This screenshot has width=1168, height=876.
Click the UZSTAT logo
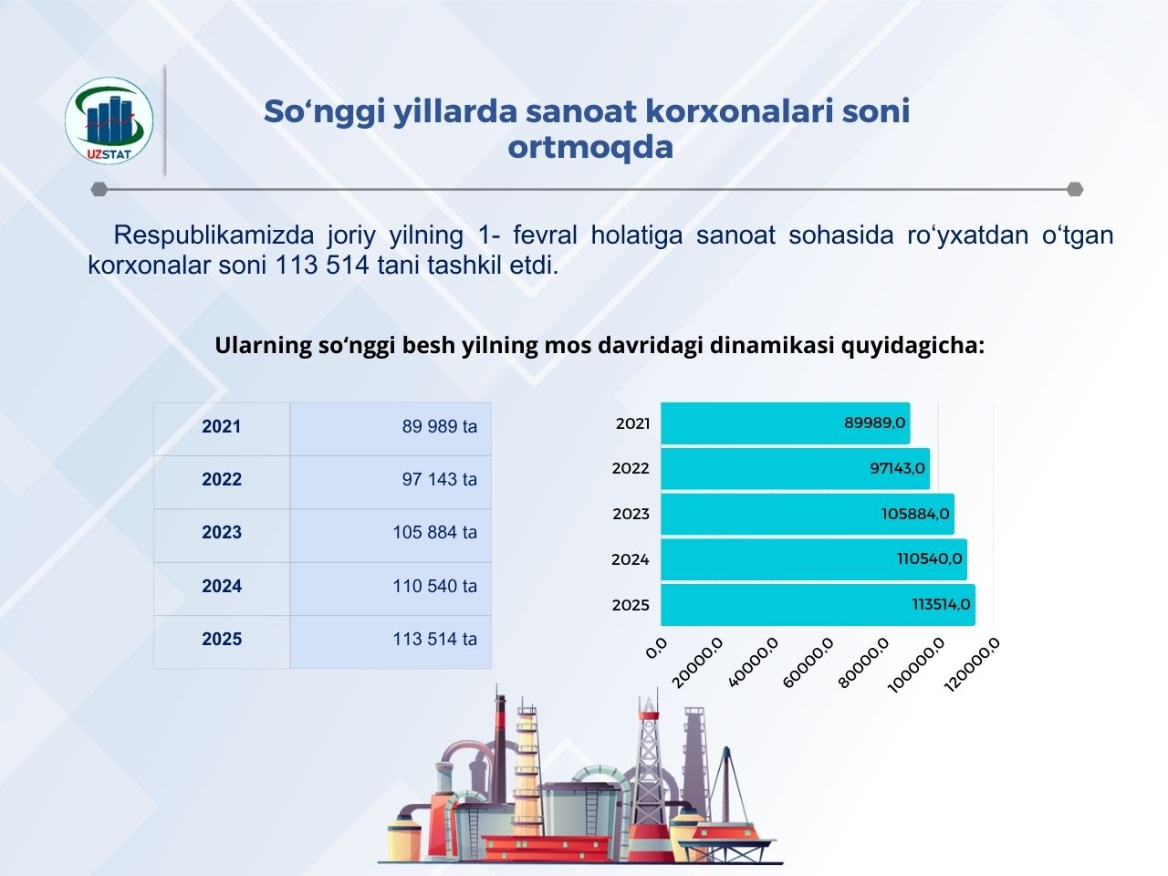point(109,120)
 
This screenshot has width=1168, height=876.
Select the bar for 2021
point(786,423)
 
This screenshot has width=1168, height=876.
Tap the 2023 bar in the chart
point(808,515)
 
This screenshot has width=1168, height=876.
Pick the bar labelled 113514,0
point(818,605)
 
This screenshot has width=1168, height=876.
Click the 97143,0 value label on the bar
point(897,469)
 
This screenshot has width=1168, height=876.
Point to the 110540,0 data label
point(929,558)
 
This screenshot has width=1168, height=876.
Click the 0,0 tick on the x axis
point(656,649)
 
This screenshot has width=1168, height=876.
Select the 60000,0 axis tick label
point(808,662)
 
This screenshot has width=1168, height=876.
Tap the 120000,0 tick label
point(972,665)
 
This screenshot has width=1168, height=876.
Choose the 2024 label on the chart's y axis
point(630,559)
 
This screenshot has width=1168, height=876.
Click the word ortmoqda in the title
point(590,148)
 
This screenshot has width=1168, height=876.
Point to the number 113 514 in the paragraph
point(322,265)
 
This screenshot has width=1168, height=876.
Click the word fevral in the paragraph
point(545,235)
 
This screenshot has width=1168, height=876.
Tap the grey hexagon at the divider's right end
point(1075,190)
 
